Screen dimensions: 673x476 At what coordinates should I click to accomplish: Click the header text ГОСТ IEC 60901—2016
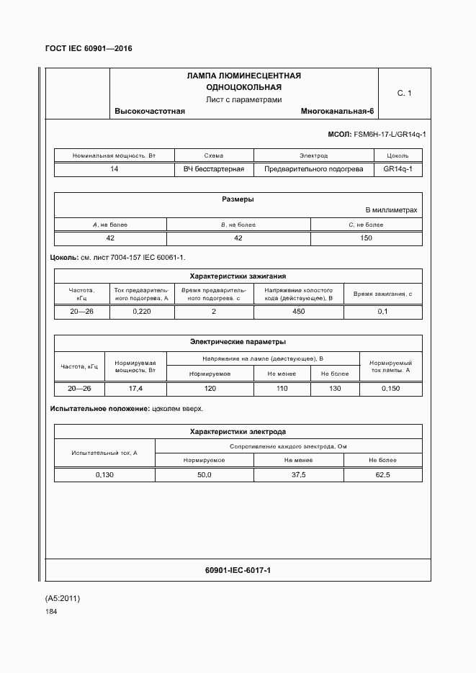coord(89,49)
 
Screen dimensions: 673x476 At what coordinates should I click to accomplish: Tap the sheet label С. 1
coord(404,94)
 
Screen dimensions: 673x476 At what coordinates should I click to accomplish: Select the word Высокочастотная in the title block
coord(150,112)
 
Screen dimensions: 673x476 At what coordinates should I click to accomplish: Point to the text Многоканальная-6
coord(338,112)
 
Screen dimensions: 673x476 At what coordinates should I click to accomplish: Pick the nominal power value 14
coord(114,169)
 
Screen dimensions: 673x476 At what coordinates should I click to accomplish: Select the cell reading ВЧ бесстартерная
coord(214,169)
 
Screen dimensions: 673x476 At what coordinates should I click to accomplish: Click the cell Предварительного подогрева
coord(313,169)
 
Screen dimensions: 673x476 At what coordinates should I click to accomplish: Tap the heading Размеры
coord(238,199)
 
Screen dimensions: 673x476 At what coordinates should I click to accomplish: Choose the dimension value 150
coord(366,238)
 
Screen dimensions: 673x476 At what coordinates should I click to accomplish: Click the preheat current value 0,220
coord(142,312)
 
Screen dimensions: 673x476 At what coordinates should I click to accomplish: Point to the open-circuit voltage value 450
coord(299,312)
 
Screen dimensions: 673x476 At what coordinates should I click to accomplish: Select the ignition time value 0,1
coord(382,312)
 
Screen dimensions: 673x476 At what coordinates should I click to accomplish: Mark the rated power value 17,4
coord(135,389)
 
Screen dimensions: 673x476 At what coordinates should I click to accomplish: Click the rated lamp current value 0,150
coord(390,389)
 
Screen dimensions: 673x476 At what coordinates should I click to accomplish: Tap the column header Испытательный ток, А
coord(104,453)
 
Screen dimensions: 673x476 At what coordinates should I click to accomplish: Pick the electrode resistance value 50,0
coord(205,475)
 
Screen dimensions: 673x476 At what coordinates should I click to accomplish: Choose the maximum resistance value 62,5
coord(382,475)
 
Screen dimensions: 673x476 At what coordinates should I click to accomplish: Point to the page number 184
coord(50,612)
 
